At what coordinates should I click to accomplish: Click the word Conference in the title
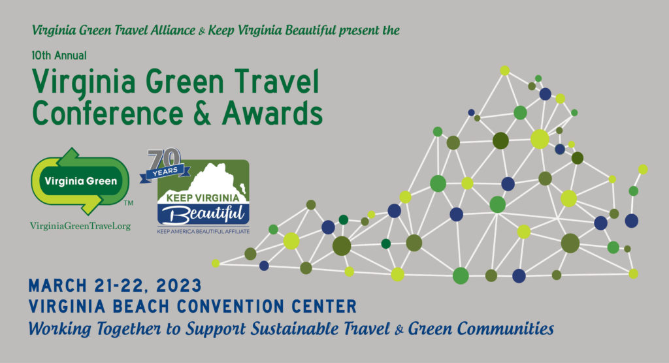[x=108, y=113]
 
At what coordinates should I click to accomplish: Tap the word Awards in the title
[x=272, y=113]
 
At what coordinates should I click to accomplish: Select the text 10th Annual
[x=59, y=55]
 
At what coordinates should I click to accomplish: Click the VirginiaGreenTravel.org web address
[x=80, y=226]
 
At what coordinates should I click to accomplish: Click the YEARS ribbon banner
[x=165, y=172]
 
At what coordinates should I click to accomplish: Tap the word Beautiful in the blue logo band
[x=203, y=213]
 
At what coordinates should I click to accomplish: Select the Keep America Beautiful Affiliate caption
[x=203, y=232]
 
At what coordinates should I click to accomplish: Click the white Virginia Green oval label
[x=80, y=181]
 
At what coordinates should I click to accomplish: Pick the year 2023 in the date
[x=179, y=286]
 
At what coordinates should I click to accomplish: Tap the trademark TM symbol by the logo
[x=129, y=203]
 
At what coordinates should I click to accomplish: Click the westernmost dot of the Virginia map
[x=216, y=263]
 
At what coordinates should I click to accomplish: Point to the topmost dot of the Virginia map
[x=505, y=71]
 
